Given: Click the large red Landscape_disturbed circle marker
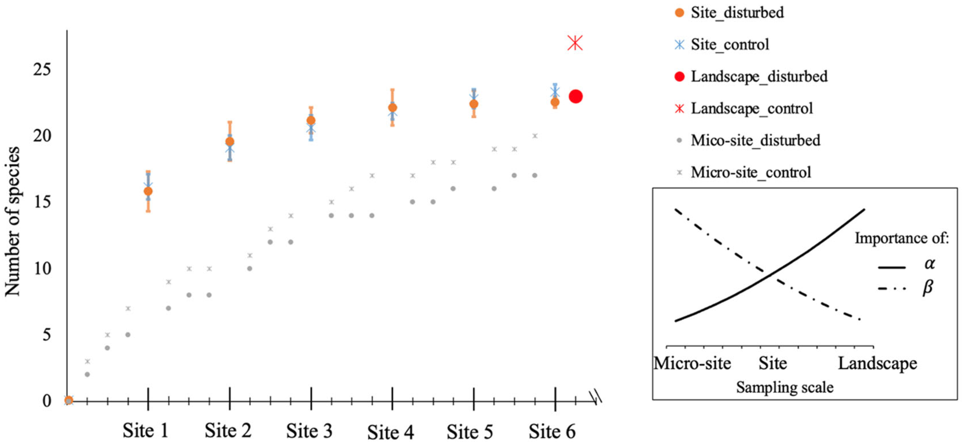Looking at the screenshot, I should coord(575,97).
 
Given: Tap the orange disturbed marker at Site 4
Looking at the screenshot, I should coord(393,107).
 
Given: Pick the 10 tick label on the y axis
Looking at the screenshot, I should coord(41,268).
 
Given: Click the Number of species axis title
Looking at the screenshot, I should coord(12,222).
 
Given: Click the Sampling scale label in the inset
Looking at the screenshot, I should coord(785,387).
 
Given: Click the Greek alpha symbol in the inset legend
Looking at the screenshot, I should coord(929,263).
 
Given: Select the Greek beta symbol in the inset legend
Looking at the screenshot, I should coord(928,287).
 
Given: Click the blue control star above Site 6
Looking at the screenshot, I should coord(555,91).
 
